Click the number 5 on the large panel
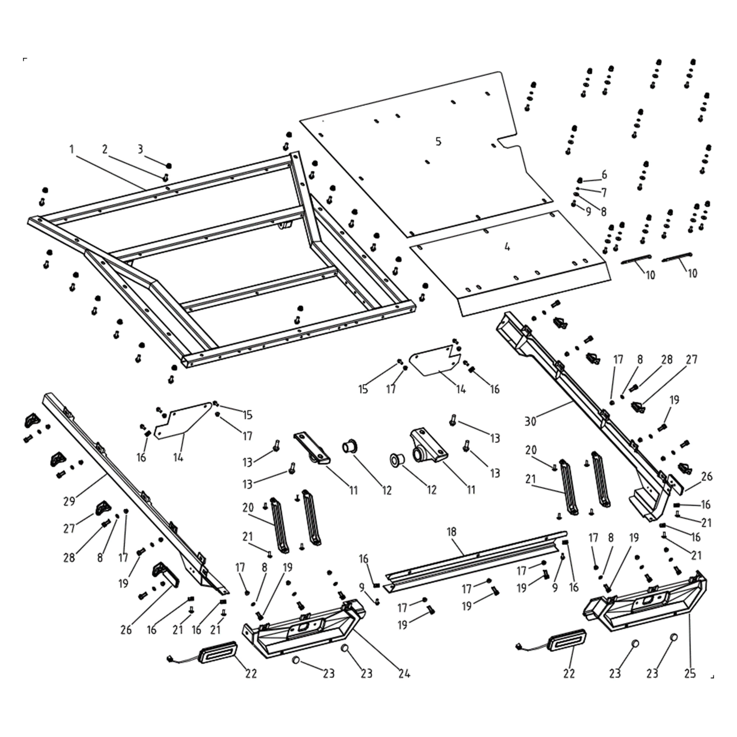(x=438, y=142)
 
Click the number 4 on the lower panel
(x=507, y=247)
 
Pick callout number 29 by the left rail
(x=69, y=501)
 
